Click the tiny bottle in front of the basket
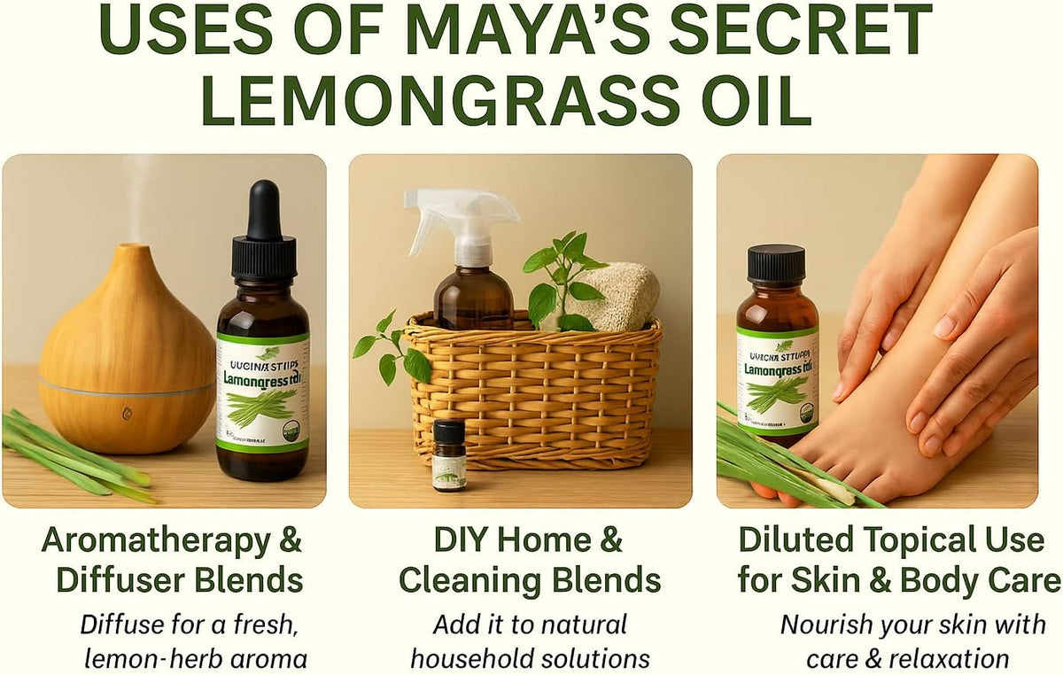click(449, 455)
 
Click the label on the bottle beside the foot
click(777, 381)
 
